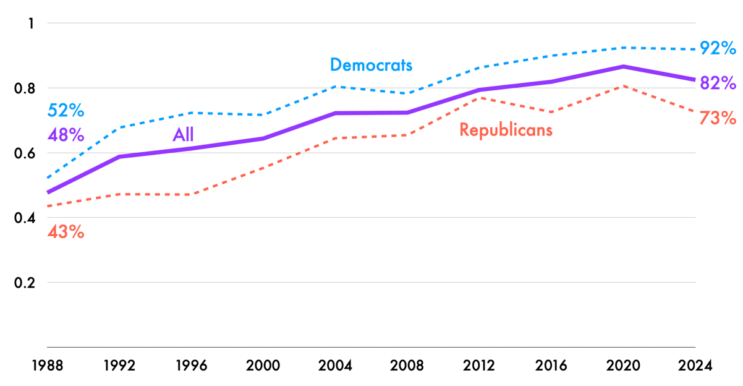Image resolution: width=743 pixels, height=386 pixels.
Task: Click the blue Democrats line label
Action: point(371,65)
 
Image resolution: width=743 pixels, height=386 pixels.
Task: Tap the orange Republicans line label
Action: point(506,130)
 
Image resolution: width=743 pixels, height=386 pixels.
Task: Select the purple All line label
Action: point(183,135)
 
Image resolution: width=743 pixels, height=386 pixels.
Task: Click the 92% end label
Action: point(718,48)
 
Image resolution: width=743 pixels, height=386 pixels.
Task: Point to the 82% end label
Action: point(718,83)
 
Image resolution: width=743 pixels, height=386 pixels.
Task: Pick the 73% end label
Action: point(718,118)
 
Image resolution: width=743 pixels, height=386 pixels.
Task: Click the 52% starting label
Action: point(66,111)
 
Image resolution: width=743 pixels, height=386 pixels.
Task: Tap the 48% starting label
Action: point(66,135)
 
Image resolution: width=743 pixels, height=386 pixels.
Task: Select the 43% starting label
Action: point(66,233)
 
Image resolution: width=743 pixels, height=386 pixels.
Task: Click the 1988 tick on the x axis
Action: point(48,366)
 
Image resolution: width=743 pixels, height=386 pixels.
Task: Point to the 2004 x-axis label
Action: point(335,366)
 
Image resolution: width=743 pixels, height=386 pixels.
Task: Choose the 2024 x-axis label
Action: point(695,366)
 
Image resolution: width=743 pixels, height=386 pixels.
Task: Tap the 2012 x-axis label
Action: point(479,366)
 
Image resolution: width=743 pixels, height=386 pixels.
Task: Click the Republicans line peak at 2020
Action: point(624,86)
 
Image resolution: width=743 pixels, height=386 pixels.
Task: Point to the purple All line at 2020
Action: point(624,66)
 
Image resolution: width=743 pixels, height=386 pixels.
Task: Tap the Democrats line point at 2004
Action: point(335,87)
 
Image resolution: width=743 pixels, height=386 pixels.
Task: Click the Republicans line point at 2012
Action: point(479,98)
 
